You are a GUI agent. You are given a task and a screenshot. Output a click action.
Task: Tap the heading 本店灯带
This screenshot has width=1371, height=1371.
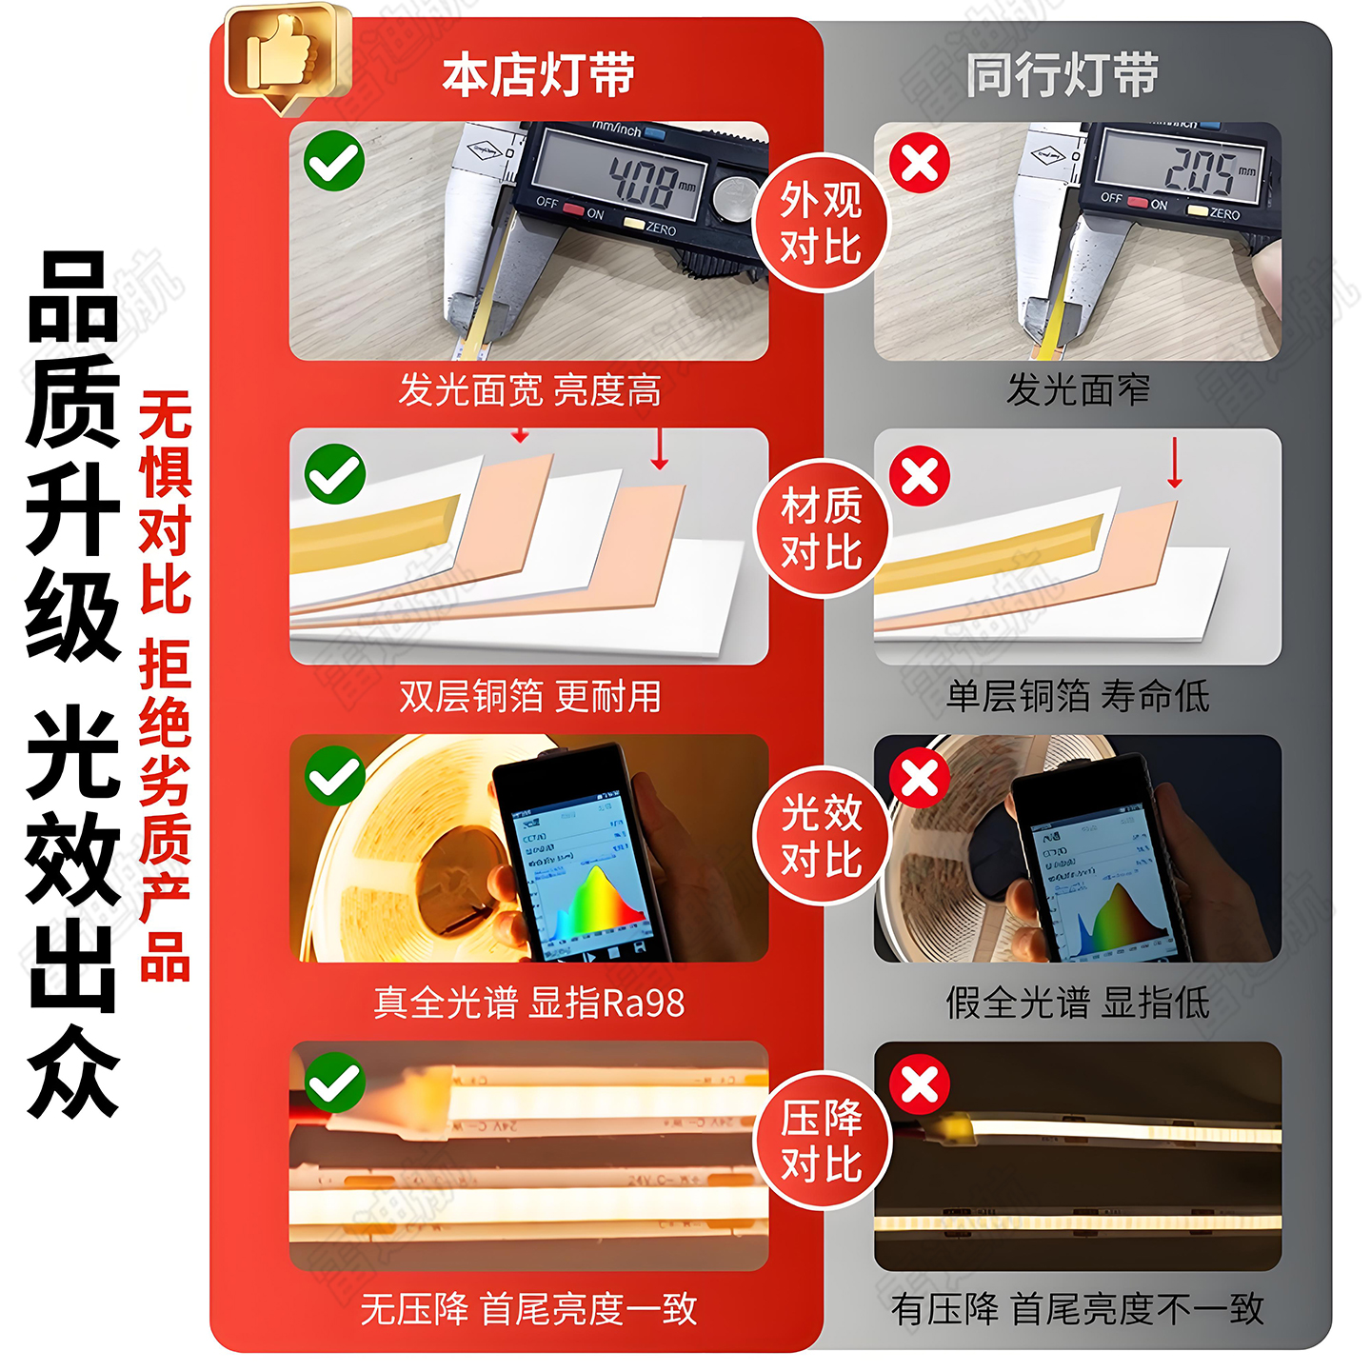538,75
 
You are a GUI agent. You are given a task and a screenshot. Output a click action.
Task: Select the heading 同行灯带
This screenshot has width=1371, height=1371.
1062,75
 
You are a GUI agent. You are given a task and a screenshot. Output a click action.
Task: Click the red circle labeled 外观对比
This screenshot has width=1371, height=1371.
821,223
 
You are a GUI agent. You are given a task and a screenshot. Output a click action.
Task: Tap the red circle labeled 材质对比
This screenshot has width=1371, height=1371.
821,528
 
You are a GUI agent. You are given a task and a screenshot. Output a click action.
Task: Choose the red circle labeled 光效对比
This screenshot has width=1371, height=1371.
821,835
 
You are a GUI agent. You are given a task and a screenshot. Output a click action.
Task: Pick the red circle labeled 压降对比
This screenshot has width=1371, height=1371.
821,1141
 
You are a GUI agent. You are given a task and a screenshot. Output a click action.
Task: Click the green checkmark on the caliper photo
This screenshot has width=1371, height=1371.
334,161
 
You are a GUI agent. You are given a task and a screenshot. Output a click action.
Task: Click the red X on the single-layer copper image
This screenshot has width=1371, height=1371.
920,475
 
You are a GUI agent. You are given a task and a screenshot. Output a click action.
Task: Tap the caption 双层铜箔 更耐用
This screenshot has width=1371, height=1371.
529,696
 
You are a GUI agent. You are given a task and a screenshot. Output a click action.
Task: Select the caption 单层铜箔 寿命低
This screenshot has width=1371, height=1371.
1078,696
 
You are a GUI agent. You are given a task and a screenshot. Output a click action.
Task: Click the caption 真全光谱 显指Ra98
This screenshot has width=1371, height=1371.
529,1003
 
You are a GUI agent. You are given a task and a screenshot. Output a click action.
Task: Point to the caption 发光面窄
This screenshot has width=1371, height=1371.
1078,389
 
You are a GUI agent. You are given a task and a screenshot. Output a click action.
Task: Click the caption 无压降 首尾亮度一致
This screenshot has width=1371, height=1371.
529,1309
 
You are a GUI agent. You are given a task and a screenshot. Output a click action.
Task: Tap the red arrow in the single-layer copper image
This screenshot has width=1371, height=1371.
1175,464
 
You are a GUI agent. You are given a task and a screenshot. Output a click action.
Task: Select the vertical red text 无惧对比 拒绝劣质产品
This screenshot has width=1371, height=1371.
165,685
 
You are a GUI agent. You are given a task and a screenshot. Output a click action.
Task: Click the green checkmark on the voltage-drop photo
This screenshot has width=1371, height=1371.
334,1083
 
